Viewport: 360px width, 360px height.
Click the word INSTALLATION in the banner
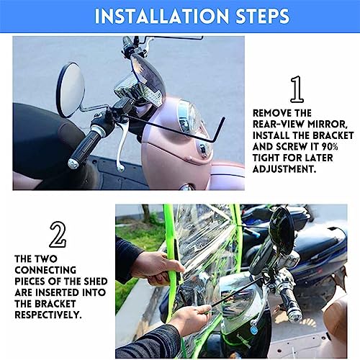tap(150, 16)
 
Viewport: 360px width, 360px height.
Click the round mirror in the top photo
tap(70, 89)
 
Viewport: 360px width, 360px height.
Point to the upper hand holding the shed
tap(152, 265)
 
